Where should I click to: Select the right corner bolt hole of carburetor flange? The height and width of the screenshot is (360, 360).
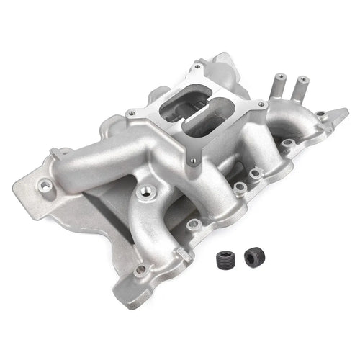coord(261,106)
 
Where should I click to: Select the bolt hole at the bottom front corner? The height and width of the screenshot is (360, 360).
coord(141,270)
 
